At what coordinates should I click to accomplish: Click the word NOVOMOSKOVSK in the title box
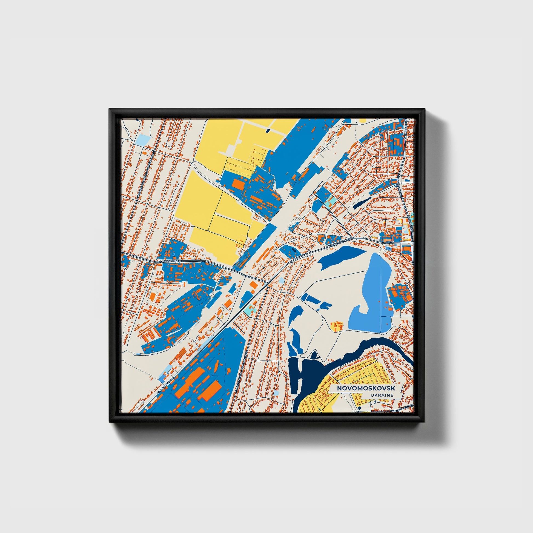pyautogui.click(x=366, y=388)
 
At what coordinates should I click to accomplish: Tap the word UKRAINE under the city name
pyautogui.click(x=382, y=395)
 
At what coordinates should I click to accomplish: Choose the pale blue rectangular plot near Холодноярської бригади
pyautogui.click(x=142, y=140)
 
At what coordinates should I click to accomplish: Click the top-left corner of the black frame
pyautogui.click(x=110, y=109)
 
